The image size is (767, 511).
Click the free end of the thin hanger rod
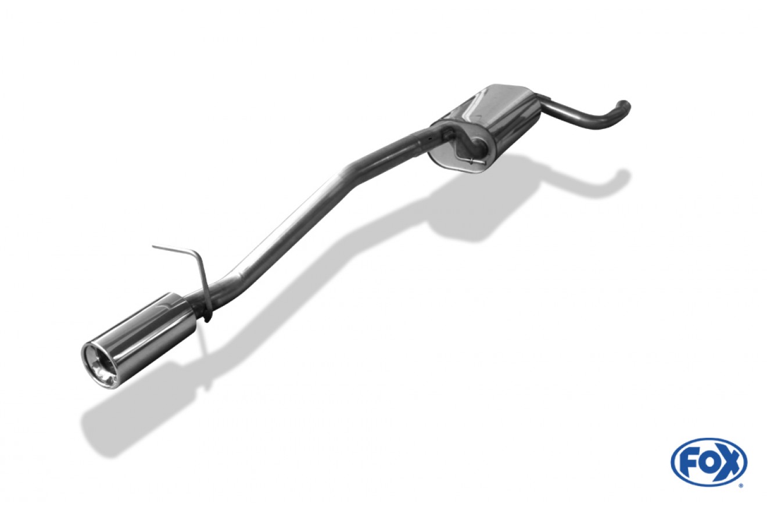[153, 246]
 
